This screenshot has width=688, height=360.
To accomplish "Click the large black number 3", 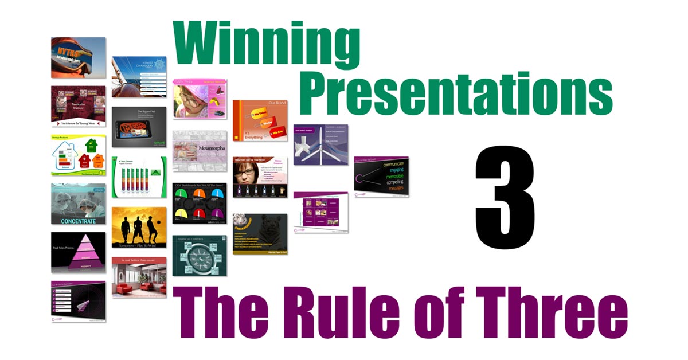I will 505,198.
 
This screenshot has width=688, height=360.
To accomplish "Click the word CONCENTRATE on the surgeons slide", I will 79,220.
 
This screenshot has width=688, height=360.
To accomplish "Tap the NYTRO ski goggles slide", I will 78,57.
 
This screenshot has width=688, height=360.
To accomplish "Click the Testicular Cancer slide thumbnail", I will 78,105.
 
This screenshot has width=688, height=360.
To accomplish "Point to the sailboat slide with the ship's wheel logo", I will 139,76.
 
